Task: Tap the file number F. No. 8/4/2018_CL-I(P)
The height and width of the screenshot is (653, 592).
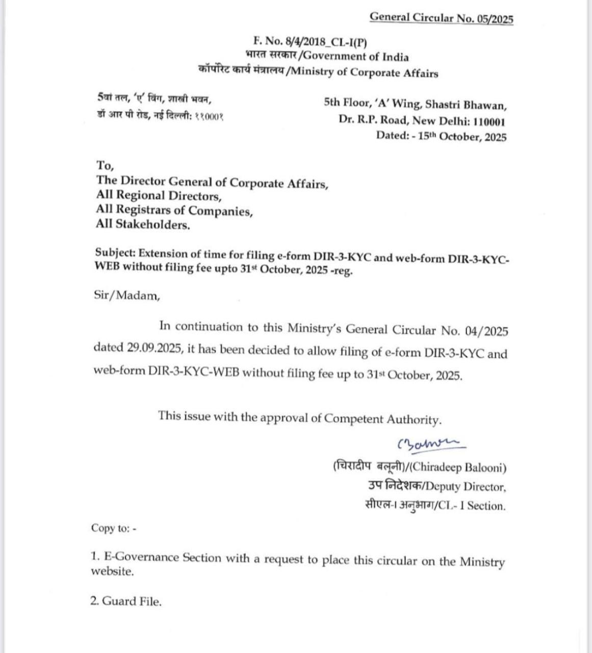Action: [310, 42]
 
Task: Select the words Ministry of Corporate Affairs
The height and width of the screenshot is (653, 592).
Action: [363, 73]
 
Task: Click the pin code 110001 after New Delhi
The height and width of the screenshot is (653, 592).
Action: [490, 121]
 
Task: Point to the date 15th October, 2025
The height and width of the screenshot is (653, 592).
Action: [462, 137]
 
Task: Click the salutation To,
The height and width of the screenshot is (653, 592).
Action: [105, 166]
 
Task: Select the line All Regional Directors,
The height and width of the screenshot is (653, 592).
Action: [159, 195]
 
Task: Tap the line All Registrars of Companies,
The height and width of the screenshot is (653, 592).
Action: [174, 210]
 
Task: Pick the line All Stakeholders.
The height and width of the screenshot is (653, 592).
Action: [143, 224]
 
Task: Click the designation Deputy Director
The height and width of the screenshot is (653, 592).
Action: [466, 487]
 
